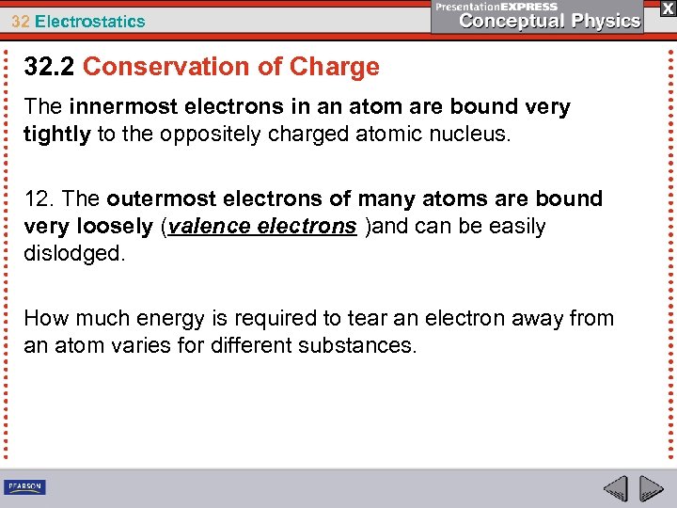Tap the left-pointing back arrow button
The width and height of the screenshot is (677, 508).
616,488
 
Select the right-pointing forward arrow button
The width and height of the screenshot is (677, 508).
651,488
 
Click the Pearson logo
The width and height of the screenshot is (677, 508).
24,487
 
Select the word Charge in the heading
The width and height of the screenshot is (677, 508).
335,68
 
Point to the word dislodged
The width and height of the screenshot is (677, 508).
73,254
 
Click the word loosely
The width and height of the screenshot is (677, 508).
114,227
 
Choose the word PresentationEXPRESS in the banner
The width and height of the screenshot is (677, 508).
496,7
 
